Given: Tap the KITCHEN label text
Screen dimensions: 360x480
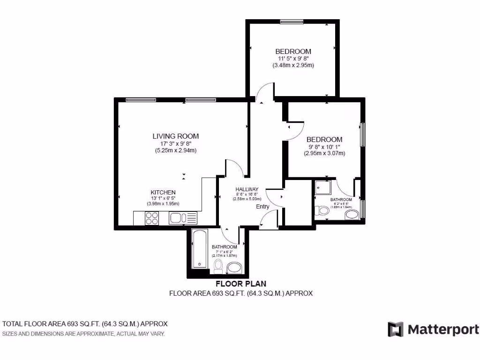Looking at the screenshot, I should pos(163,193).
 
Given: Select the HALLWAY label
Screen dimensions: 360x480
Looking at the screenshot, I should pos(247,189).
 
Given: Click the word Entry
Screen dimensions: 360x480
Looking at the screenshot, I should pos(262,207).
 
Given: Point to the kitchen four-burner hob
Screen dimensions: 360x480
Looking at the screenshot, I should pos(152,218).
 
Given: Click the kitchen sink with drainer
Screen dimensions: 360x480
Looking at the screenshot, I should pos(183,218).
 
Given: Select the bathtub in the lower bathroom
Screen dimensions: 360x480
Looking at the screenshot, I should pos(199,249).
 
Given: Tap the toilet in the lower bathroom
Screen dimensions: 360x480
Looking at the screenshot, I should pos(217,268).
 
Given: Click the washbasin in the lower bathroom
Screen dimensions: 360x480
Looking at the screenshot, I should pos(234,268).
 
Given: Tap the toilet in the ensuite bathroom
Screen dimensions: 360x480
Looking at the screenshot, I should pos(322,210).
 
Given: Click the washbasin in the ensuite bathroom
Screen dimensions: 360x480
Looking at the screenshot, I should pos(352,215).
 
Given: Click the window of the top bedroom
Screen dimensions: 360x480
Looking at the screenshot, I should pos(292,21).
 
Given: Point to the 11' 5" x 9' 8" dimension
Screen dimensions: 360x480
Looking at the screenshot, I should pos(293,59).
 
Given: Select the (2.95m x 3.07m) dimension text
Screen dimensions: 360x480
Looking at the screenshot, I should pos(324,153).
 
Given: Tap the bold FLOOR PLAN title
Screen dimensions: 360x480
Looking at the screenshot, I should pos(240,284).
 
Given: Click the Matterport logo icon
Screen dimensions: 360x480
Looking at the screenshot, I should pos(396,329).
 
